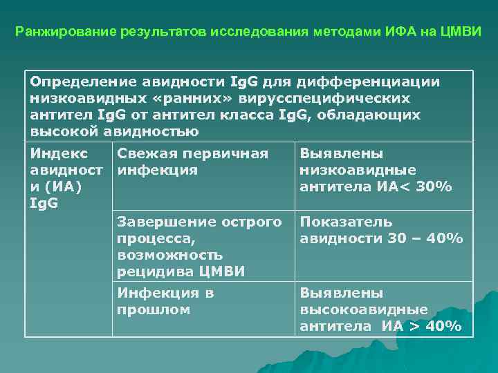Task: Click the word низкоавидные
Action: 358,170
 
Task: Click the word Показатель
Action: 347,222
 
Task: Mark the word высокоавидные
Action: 364,309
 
